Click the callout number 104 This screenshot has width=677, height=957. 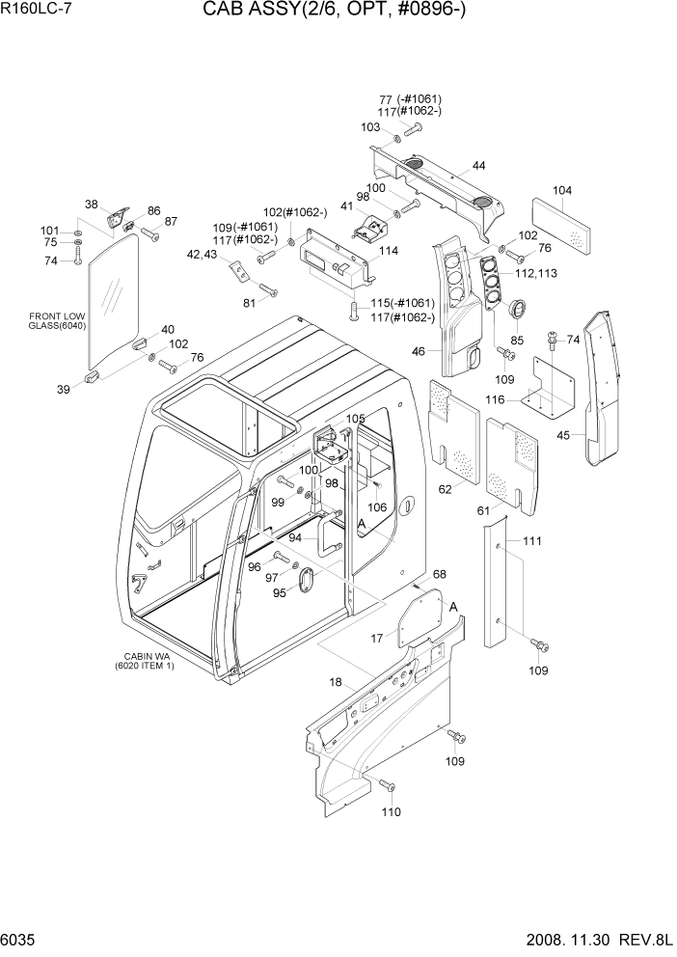tap(562, 190)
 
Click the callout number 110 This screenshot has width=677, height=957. tap(390, 812)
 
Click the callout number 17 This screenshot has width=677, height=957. tap(377, 638)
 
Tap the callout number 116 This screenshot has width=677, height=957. tap(495, 398)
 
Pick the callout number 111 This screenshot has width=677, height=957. tap(532, 543)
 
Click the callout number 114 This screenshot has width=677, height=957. tap(389, 251)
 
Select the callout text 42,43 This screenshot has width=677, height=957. tap(202, 255)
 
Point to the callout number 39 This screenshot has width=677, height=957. tap(64, 389)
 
